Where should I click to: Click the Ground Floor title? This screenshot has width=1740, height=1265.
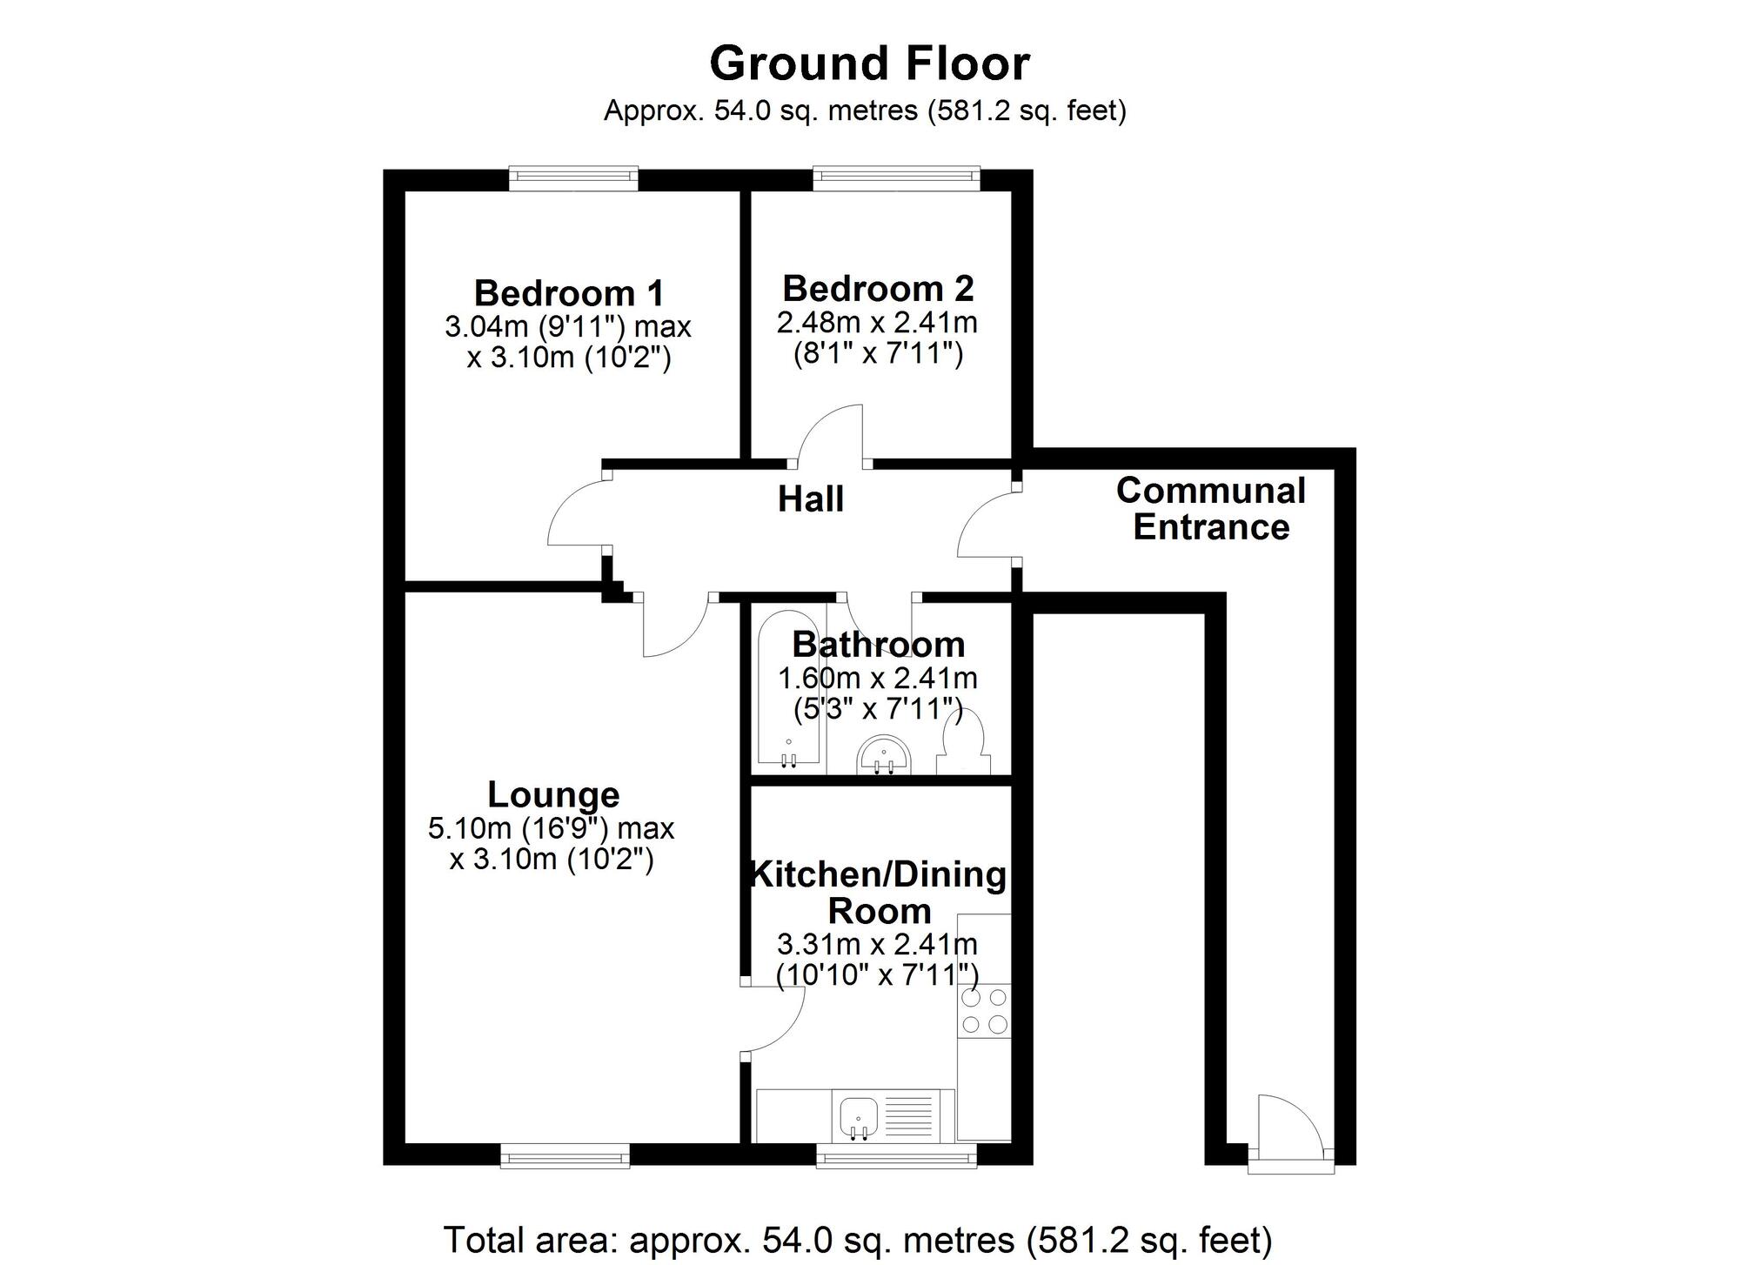click(x=869, y=64)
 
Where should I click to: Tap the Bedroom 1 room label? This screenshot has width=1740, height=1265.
click(x=569, y=293)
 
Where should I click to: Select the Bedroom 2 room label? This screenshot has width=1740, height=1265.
click(x=878, y=288)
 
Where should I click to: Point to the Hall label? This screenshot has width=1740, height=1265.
click(x=810, y=499)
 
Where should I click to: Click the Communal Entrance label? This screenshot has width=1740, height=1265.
click(x=1210, y=509)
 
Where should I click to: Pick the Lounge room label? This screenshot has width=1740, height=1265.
click(x=553, y=794)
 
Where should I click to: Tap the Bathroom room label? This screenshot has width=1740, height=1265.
click(x=878, y=645)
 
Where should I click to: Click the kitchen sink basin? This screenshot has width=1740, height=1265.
click(x=859, y=1114)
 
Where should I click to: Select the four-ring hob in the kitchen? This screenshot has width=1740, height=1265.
click(x=984, y=1010)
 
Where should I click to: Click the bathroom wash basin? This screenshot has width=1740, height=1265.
click(x=884, y=755)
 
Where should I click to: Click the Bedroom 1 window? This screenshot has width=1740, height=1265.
click(x=573, y=178)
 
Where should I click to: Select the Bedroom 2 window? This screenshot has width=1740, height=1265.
click(x=896, y=178)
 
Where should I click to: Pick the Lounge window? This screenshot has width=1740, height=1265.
click(x=565, y=1156)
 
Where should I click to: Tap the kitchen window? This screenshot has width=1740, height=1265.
click(x=896, y=1156)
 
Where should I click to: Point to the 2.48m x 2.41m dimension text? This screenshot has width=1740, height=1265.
click(x=877, y=323)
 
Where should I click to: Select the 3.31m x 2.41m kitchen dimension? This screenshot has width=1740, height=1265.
click(x=877, y=944)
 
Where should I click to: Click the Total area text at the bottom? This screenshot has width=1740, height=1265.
click(x=858, y=1240)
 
